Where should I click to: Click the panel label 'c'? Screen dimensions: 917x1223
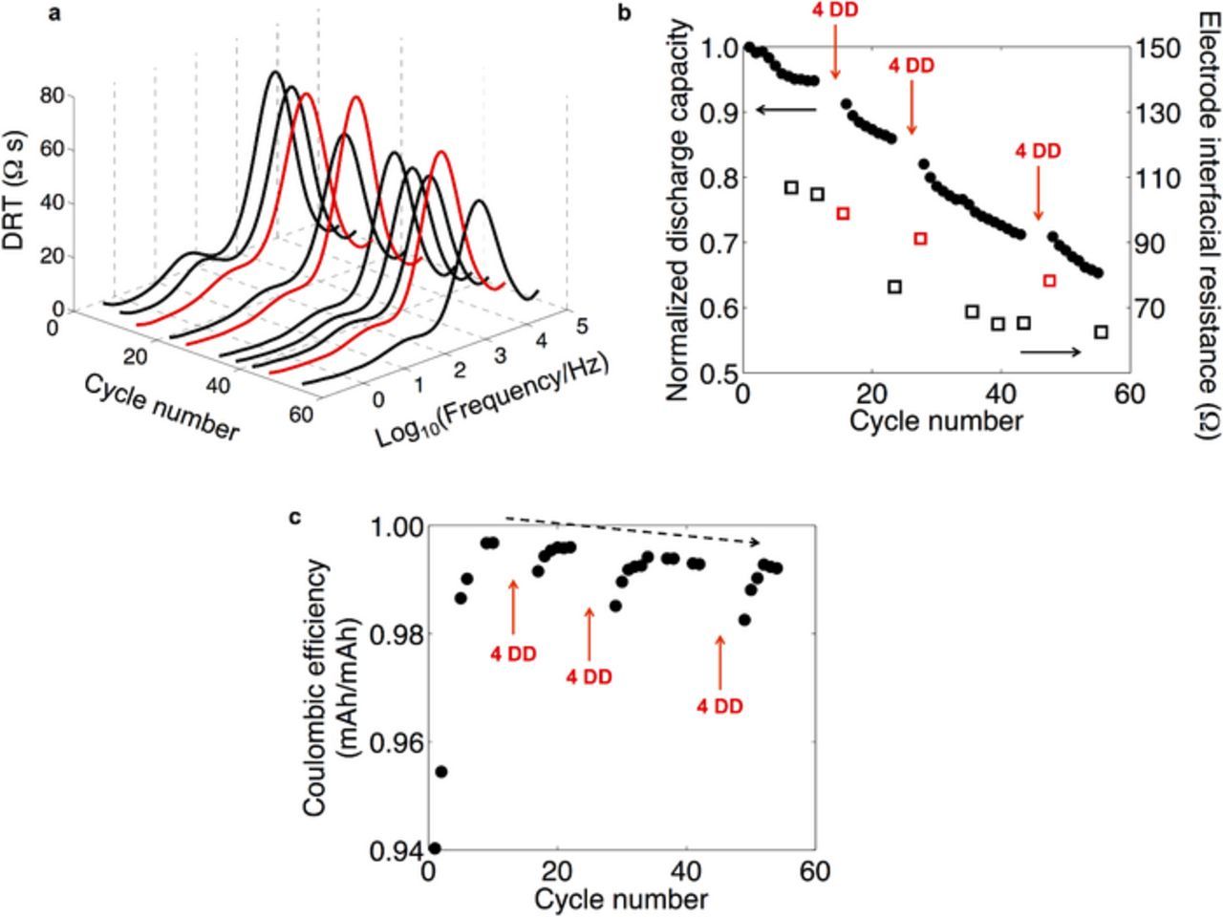pos(295,517)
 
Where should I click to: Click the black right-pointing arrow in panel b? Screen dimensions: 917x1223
pos(1050,352)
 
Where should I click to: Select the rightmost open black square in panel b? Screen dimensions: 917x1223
pos(1101,331)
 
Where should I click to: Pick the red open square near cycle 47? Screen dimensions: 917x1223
pos(1049,280)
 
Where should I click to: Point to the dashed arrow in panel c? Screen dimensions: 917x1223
pos(633,530)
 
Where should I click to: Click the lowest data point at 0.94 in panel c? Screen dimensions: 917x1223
pos(435,847)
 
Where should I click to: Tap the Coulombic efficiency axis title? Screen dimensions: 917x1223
pos(330,688)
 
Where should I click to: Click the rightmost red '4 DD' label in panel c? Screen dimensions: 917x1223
pos(719,706)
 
